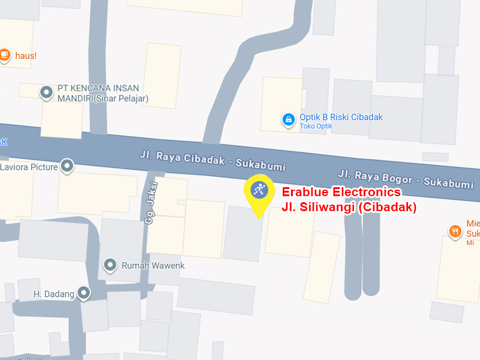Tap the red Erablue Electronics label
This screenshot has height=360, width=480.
click(341, 193)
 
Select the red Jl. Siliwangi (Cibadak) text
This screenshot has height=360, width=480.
click(349, 208)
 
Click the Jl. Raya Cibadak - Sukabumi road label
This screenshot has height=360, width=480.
click(212, 160)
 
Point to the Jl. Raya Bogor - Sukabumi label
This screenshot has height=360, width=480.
click(406, 179)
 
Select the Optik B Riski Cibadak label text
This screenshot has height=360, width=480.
click(341, 117)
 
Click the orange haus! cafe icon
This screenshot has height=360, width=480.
click(5, 55)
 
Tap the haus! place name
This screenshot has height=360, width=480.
click(26, 55)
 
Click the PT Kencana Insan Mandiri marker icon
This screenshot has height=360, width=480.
click(46, 92)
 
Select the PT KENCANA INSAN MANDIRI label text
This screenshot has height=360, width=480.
click(102, 93)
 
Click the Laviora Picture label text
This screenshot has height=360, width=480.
click(29, 167)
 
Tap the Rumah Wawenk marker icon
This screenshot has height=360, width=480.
click(110, 265)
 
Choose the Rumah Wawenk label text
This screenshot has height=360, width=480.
click(153, 265)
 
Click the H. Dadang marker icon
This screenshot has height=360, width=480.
click(84, 293)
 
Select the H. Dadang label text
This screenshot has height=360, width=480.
click(54, 294)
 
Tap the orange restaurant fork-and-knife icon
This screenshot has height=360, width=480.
click(455, 230)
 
